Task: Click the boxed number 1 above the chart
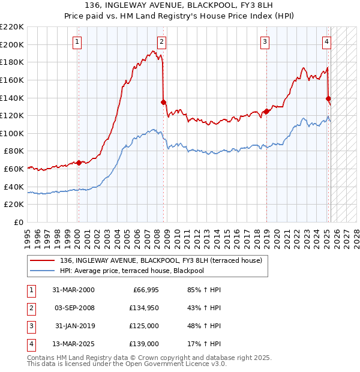click(79, 41)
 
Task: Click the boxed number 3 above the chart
click(265, 41)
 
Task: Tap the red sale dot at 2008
click(164, 102)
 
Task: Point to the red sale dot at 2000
click(79, 163)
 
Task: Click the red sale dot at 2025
click(328, 98)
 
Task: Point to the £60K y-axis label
click(14, 169)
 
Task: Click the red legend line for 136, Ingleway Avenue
click(42, 260)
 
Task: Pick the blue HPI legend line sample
click(42, 271)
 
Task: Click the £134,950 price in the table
click(144, 308)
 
